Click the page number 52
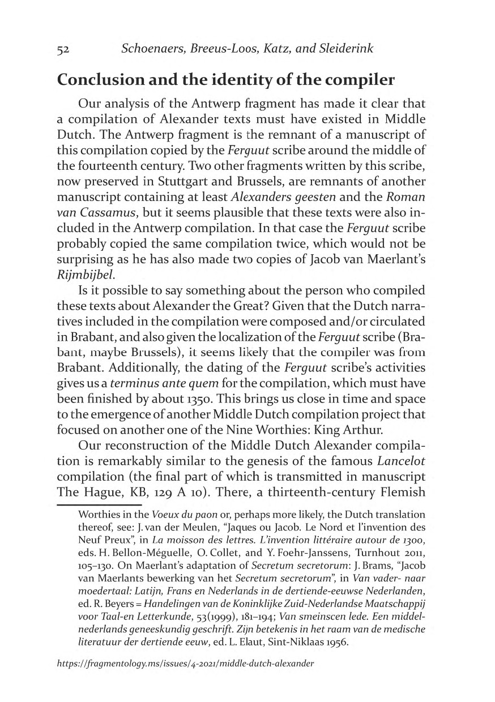point(63,50)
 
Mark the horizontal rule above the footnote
point(99,504)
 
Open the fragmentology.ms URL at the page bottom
point(185,662)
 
